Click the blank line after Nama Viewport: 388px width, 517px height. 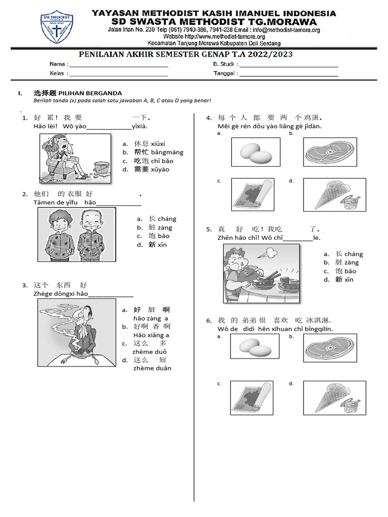point(118,66)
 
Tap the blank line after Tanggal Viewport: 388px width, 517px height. point(288,75)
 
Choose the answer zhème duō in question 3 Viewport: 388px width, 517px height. point(150,351)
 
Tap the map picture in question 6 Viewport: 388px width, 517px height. point(252,398)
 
